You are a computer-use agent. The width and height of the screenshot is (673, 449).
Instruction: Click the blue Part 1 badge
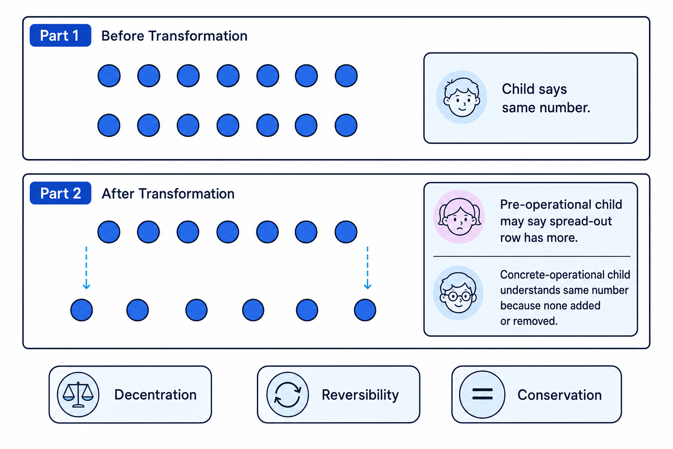click(x=60, y=36)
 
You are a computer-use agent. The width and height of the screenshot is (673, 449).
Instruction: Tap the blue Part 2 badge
click(x=60, y=193)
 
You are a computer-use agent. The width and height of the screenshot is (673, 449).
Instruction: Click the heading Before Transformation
click(x=174, y=36)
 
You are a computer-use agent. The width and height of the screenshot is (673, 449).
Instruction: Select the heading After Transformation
click(x=168, y=194)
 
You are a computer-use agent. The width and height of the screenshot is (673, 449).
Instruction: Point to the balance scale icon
click(x=78, y=394)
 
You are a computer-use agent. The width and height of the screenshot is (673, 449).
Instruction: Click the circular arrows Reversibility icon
click(x=287, y=394)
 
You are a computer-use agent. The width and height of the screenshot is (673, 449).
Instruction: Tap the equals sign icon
click(x=482, y=394)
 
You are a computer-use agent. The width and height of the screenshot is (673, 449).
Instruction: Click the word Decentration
click(x=156, y=395)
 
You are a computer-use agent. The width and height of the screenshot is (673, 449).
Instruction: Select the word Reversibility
click(x=360, y=395)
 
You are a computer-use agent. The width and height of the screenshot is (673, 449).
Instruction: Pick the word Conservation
click(x=560, y=395)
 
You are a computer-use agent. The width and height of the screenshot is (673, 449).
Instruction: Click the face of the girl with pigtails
click(x=459, y=217)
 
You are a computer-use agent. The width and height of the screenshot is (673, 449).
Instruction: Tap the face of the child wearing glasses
click(x=458, y=292)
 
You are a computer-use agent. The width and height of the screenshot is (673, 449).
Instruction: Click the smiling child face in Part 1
click(x=462, y=97)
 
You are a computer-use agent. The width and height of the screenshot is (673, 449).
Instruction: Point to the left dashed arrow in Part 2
click(x=86, y=267)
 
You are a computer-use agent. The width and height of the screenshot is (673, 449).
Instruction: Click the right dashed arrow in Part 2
click(x=368, y=267)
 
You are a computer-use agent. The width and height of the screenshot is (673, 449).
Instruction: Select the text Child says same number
click(x=546, y=98)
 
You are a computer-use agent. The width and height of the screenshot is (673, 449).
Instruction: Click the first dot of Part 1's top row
click(x=109, y=75)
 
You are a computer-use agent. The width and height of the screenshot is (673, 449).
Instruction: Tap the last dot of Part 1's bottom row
click(x=346, y=125)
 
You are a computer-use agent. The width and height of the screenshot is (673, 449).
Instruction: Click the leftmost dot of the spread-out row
click(x=81, y=310)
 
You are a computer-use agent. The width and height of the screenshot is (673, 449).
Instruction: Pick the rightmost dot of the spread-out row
click(x=365, y=310)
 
